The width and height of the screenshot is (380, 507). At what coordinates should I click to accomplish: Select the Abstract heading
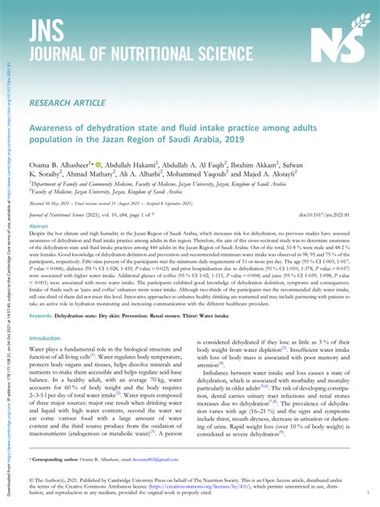pyautogui.click(x=40, y=227)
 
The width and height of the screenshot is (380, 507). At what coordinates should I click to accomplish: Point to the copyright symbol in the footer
pyautogui.click(x=31, y=480)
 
